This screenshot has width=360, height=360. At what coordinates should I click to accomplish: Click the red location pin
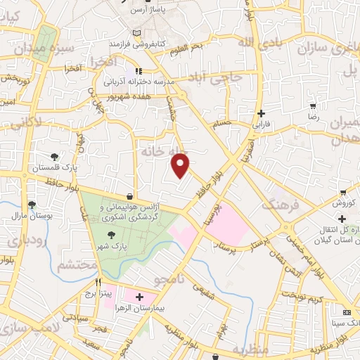181,164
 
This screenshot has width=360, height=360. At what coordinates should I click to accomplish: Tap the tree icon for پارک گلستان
54,156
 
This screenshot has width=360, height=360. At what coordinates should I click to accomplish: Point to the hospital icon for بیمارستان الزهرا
140,298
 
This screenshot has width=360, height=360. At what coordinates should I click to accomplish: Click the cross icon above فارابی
261,112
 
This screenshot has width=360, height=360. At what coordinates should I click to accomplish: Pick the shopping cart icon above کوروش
343,193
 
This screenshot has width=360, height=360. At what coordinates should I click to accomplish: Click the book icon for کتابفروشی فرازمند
136,33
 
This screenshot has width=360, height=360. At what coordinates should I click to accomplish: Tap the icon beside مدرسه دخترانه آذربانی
139,71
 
